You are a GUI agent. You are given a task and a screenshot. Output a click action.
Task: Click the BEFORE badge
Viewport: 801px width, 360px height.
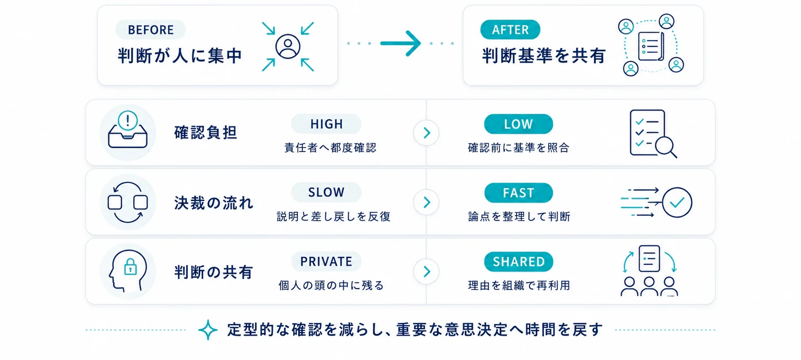[150, 30]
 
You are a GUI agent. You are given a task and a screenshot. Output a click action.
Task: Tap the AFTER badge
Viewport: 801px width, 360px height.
[510, 30]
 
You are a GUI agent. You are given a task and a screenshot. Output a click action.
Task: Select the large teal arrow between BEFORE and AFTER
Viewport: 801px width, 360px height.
[400, 43]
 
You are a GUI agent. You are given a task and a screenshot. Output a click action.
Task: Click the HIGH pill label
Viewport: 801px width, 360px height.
[326, 124]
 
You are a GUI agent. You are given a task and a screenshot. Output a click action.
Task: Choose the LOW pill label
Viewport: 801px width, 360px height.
[518, 124]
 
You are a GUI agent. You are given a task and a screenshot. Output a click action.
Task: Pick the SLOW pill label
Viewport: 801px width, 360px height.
[326, 193]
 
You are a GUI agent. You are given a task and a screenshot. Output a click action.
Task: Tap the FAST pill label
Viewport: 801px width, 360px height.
[518, 193]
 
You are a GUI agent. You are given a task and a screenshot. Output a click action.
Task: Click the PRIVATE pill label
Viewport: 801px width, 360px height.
[326, 261]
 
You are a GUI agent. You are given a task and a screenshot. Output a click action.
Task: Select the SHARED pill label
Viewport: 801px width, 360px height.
[518, 262]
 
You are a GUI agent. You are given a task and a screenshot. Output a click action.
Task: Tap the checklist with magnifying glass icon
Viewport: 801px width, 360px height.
[653, 133]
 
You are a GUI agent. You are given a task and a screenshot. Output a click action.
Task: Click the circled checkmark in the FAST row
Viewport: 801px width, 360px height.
[677, 203]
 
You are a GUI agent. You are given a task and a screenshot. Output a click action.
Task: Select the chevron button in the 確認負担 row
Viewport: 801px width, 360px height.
[426, 133]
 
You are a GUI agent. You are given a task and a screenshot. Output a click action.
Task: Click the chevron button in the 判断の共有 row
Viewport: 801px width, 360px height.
[426, 272]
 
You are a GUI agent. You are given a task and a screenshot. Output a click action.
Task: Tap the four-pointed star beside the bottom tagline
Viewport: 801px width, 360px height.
[208, 330]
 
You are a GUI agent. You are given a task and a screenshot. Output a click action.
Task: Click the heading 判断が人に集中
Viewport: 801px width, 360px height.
[180, 56]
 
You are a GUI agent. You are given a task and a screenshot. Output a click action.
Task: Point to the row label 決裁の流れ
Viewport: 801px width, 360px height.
[214, 203]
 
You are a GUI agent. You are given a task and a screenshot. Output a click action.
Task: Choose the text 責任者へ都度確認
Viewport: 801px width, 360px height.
[330, 148]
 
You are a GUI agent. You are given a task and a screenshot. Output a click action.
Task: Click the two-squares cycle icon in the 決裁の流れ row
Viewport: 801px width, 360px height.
[127, 202]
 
